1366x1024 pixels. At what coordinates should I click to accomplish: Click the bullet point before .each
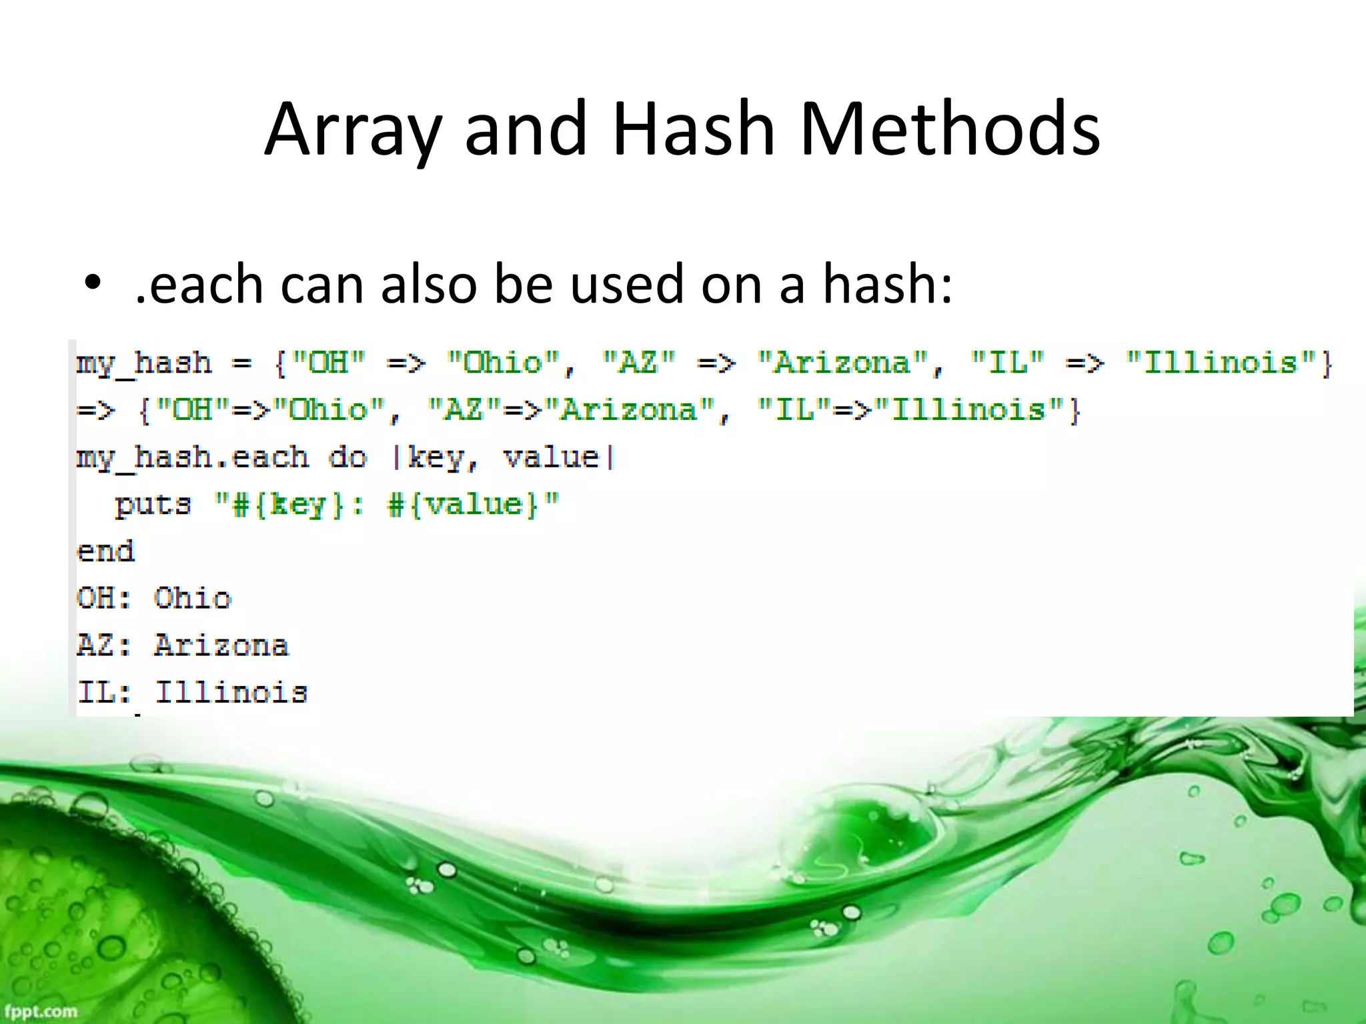(92, 283)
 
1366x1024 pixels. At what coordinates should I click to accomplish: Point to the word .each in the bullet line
(199, 284)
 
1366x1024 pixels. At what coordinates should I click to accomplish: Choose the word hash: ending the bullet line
(887, 284)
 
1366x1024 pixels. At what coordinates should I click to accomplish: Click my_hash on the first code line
(144, 364)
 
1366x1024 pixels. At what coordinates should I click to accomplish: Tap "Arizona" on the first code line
(842, 363)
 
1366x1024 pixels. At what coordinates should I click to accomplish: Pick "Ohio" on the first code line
(504, 363)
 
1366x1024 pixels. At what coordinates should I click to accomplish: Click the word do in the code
(348, 458)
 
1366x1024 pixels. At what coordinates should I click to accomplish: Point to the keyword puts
(153, 505)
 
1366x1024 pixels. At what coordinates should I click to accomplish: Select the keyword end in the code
(106, 552)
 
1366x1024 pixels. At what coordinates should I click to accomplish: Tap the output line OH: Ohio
(154, 599)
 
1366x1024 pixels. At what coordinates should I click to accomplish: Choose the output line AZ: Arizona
(183, 646)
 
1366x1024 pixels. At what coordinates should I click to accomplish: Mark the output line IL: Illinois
(192, 693)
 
